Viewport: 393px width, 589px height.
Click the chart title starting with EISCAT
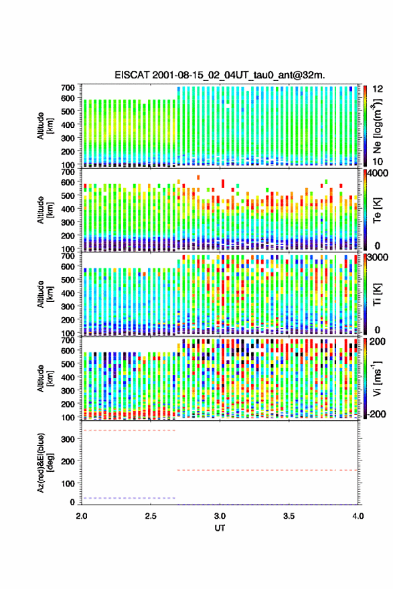[x=220, y=75]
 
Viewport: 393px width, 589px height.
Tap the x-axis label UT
[x=220, y=528]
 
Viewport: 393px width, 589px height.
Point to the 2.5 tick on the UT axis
[x=151, y=516]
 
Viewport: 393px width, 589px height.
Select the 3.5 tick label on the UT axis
[x=289, y=516]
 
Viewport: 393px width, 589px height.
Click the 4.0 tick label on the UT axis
[x=358, y=516]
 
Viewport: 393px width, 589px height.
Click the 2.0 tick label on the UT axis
[x=82, y=516]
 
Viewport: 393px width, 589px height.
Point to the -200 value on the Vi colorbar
[x=376, y=414]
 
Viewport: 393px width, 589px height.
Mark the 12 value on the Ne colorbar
[x=378, y=89]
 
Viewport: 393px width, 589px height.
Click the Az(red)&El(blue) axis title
[x=44, y=462]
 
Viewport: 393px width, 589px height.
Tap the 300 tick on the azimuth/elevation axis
[x=68, y=439]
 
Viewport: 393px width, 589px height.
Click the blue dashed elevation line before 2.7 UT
[x=129, y=498]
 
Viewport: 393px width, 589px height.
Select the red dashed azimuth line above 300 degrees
[x=129, y=430]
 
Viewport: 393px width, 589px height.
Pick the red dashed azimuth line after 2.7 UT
[x=267, y=470]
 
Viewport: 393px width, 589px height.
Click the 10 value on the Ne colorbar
[x=378, y=161]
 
